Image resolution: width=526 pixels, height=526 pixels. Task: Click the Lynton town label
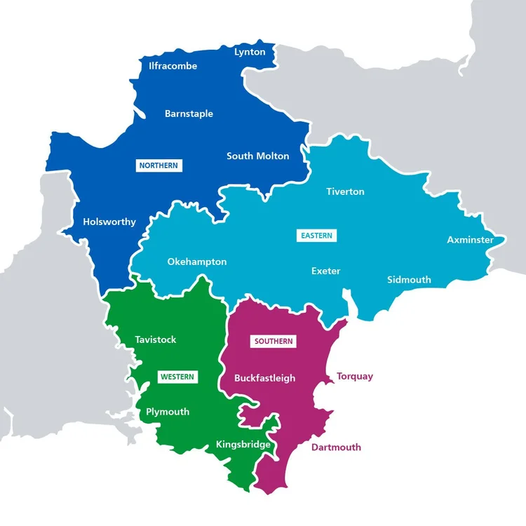tap(250, 52)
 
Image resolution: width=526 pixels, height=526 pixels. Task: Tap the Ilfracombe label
tap(173, 67)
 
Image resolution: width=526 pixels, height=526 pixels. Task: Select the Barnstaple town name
tap(189, 114)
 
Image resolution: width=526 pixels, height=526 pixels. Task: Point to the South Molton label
tap(257, 156)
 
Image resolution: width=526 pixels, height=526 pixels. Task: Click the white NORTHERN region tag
tap(159, 166)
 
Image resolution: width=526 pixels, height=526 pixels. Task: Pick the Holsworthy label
tap(109, 222)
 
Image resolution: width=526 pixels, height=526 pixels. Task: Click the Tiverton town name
tap(345, 191)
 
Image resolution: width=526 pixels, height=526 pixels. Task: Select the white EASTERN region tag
tap(316, 236)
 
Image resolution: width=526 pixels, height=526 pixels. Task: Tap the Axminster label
tap(470, 240)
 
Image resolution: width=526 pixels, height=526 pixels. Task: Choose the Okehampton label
tap(197, 262)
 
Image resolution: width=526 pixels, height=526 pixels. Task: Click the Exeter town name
tap(325, 271)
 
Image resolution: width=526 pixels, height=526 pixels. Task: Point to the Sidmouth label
tap(409, 280)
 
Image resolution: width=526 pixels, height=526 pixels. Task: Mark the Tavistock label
tap(156, 339)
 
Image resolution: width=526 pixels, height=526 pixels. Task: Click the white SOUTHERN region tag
tap(274, 342)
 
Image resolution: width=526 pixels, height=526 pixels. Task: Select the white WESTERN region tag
tap(177, 377)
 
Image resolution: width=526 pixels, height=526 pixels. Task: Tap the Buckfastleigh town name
tap(265, 378)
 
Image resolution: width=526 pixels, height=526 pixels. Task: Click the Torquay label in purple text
tap(355, 377)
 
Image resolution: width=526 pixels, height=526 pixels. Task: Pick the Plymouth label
tap(168, 412)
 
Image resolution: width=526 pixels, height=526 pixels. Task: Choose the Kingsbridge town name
tap(243, 444)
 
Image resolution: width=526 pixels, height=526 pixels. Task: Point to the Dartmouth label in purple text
tap(336, 447)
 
